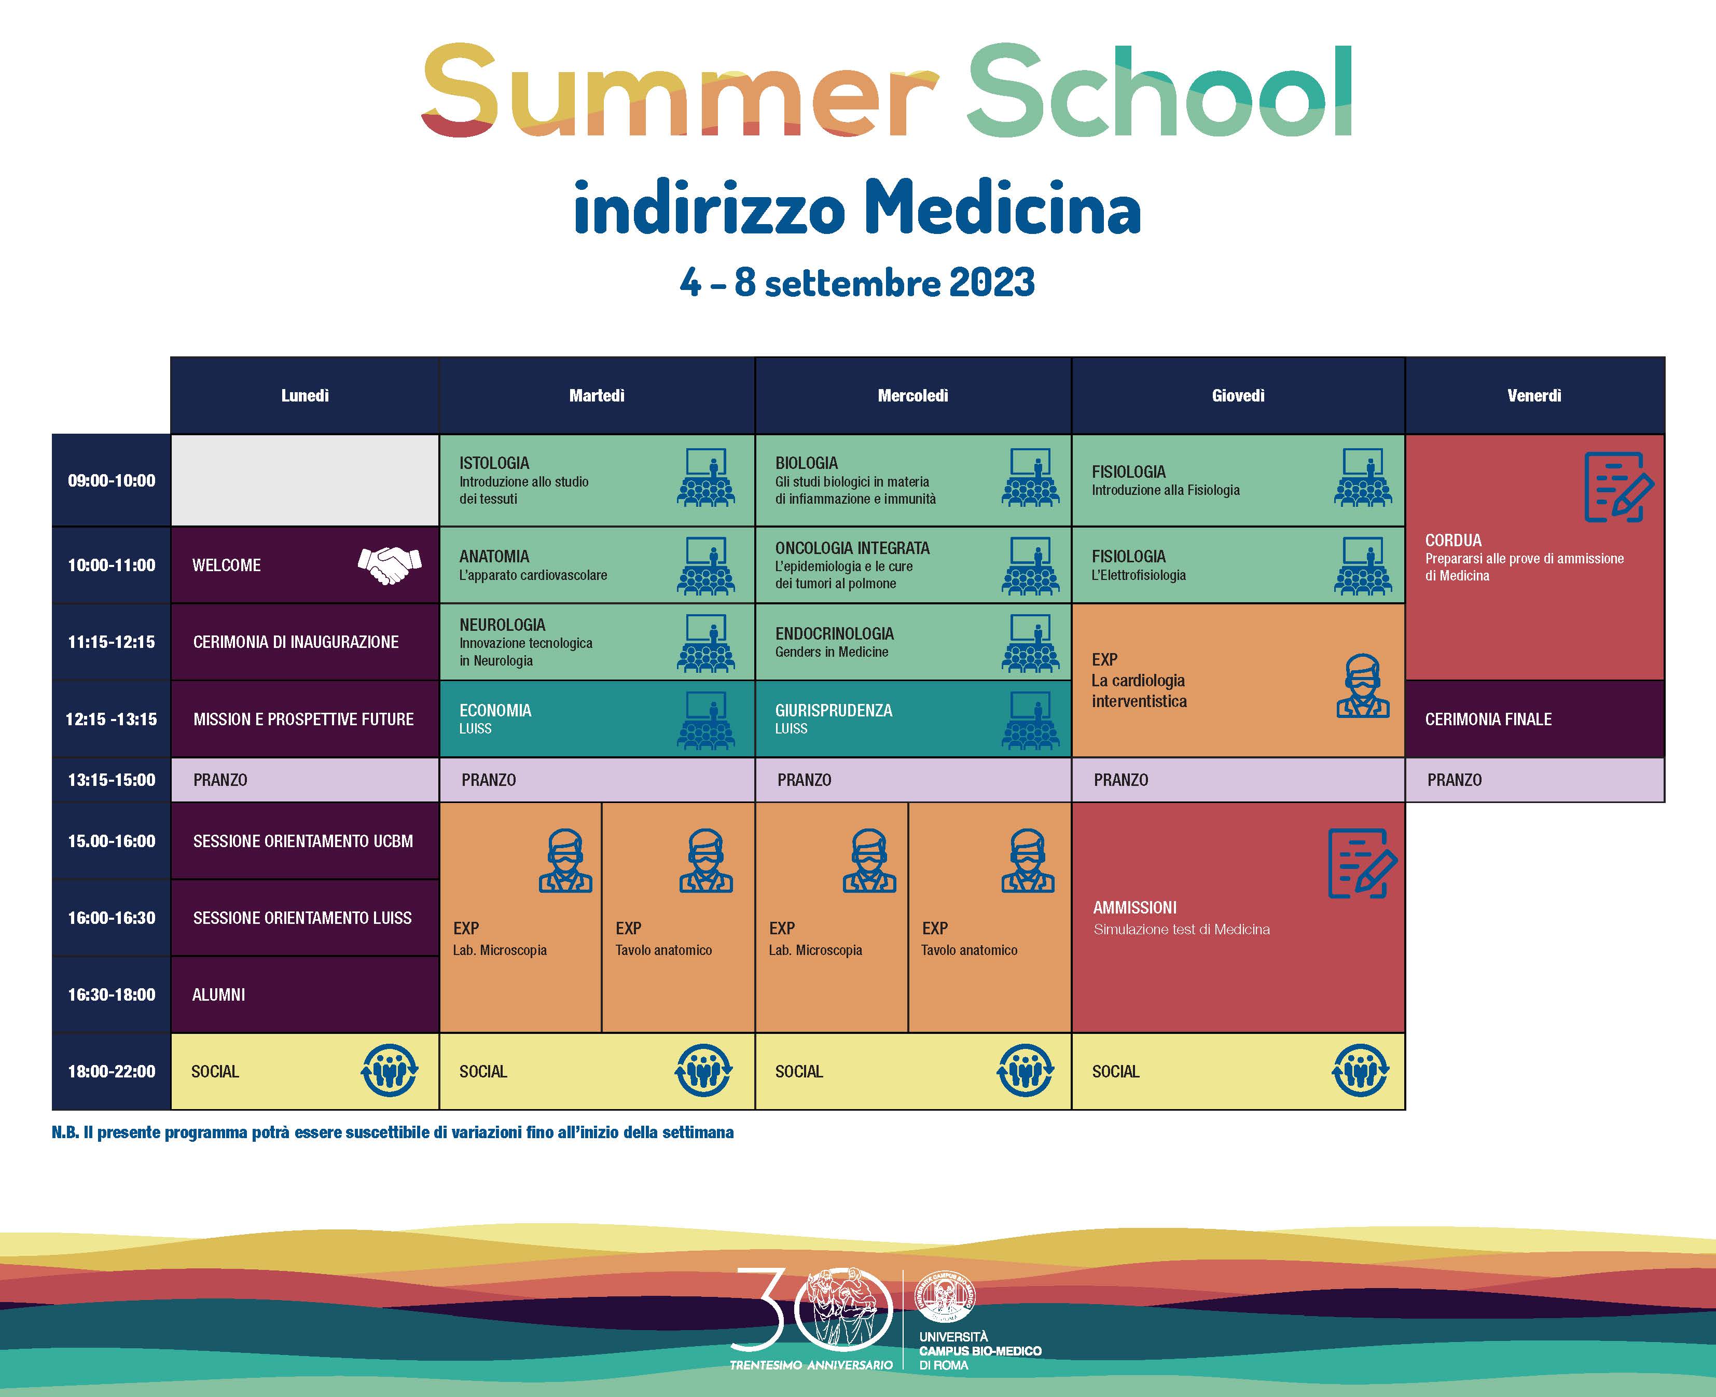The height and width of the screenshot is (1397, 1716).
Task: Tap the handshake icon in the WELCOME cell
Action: pos(390,565)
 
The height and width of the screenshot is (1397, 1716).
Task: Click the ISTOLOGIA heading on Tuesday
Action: pos(494,463)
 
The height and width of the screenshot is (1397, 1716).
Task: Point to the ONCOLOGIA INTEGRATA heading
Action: pos(852,548)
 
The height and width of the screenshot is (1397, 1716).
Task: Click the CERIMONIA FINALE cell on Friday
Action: pos(1534,718)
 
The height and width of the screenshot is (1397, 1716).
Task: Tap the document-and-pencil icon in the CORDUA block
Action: pos(1618,488)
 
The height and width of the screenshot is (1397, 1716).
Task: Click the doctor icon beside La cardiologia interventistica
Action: pos(1362,686)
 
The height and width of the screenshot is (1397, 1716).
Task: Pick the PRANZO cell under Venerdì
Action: pos(1534,780)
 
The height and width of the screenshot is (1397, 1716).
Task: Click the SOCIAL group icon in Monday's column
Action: pos(390,1071)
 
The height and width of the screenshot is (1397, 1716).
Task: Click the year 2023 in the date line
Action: pos(991,282)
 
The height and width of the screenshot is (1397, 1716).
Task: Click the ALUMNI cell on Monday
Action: pos(305,994)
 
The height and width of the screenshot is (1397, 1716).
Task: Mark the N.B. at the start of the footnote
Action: pos(65,1133)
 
